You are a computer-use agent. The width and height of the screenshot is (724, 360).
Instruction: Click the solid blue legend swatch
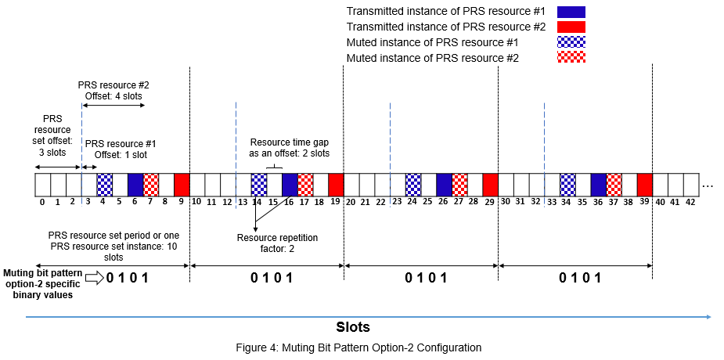tap(571, 12)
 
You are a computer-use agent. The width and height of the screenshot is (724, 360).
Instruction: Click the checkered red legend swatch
tap(571, 57)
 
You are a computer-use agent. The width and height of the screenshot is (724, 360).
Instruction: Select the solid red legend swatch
tap(571, 27)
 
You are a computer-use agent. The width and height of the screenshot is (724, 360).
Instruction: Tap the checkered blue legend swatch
tap(571, 42)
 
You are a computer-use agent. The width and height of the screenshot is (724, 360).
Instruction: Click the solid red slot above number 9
tap(182, 185)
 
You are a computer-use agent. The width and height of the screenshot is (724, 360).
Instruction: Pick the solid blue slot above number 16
tap(290, 185)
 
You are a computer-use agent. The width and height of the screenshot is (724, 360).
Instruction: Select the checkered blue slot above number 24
tap(413, 185)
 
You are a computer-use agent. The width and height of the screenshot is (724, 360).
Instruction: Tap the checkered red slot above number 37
tap(614, 185)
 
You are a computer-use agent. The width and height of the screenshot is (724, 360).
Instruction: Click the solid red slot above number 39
tap(645, 185)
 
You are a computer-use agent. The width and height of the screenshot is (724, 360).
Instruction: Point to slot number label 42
tap(690, 202)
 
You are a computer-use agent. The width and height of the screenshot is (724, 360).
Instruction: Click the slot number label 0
tap(42, 202)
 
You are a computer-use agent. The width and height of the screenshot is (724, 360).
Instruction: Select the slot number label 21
tap(367, 202)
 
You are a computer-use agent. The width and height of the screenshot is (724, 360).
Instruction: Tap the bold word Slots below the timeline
tap(352, 326)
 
